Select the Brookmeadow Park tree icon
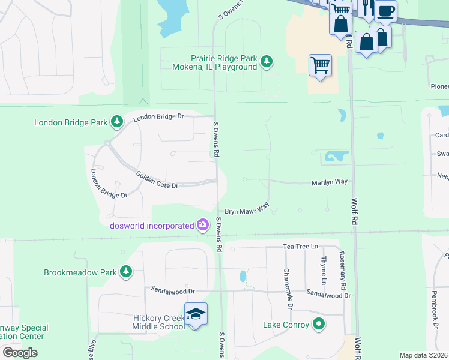(125, 272)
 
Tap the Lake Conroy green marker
(319, 325)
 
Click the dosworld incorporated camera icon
(203, 226)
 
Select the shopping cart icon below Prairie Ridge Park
(320, 65)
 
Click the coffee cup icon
(386, 10)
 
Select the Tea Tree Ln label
(300, 247)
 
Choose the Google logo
(20, 352)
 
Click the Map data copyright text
(423, 355)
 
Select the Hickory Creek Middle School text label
(159, 322)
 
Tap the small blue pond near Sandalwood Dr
(242, 277)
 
